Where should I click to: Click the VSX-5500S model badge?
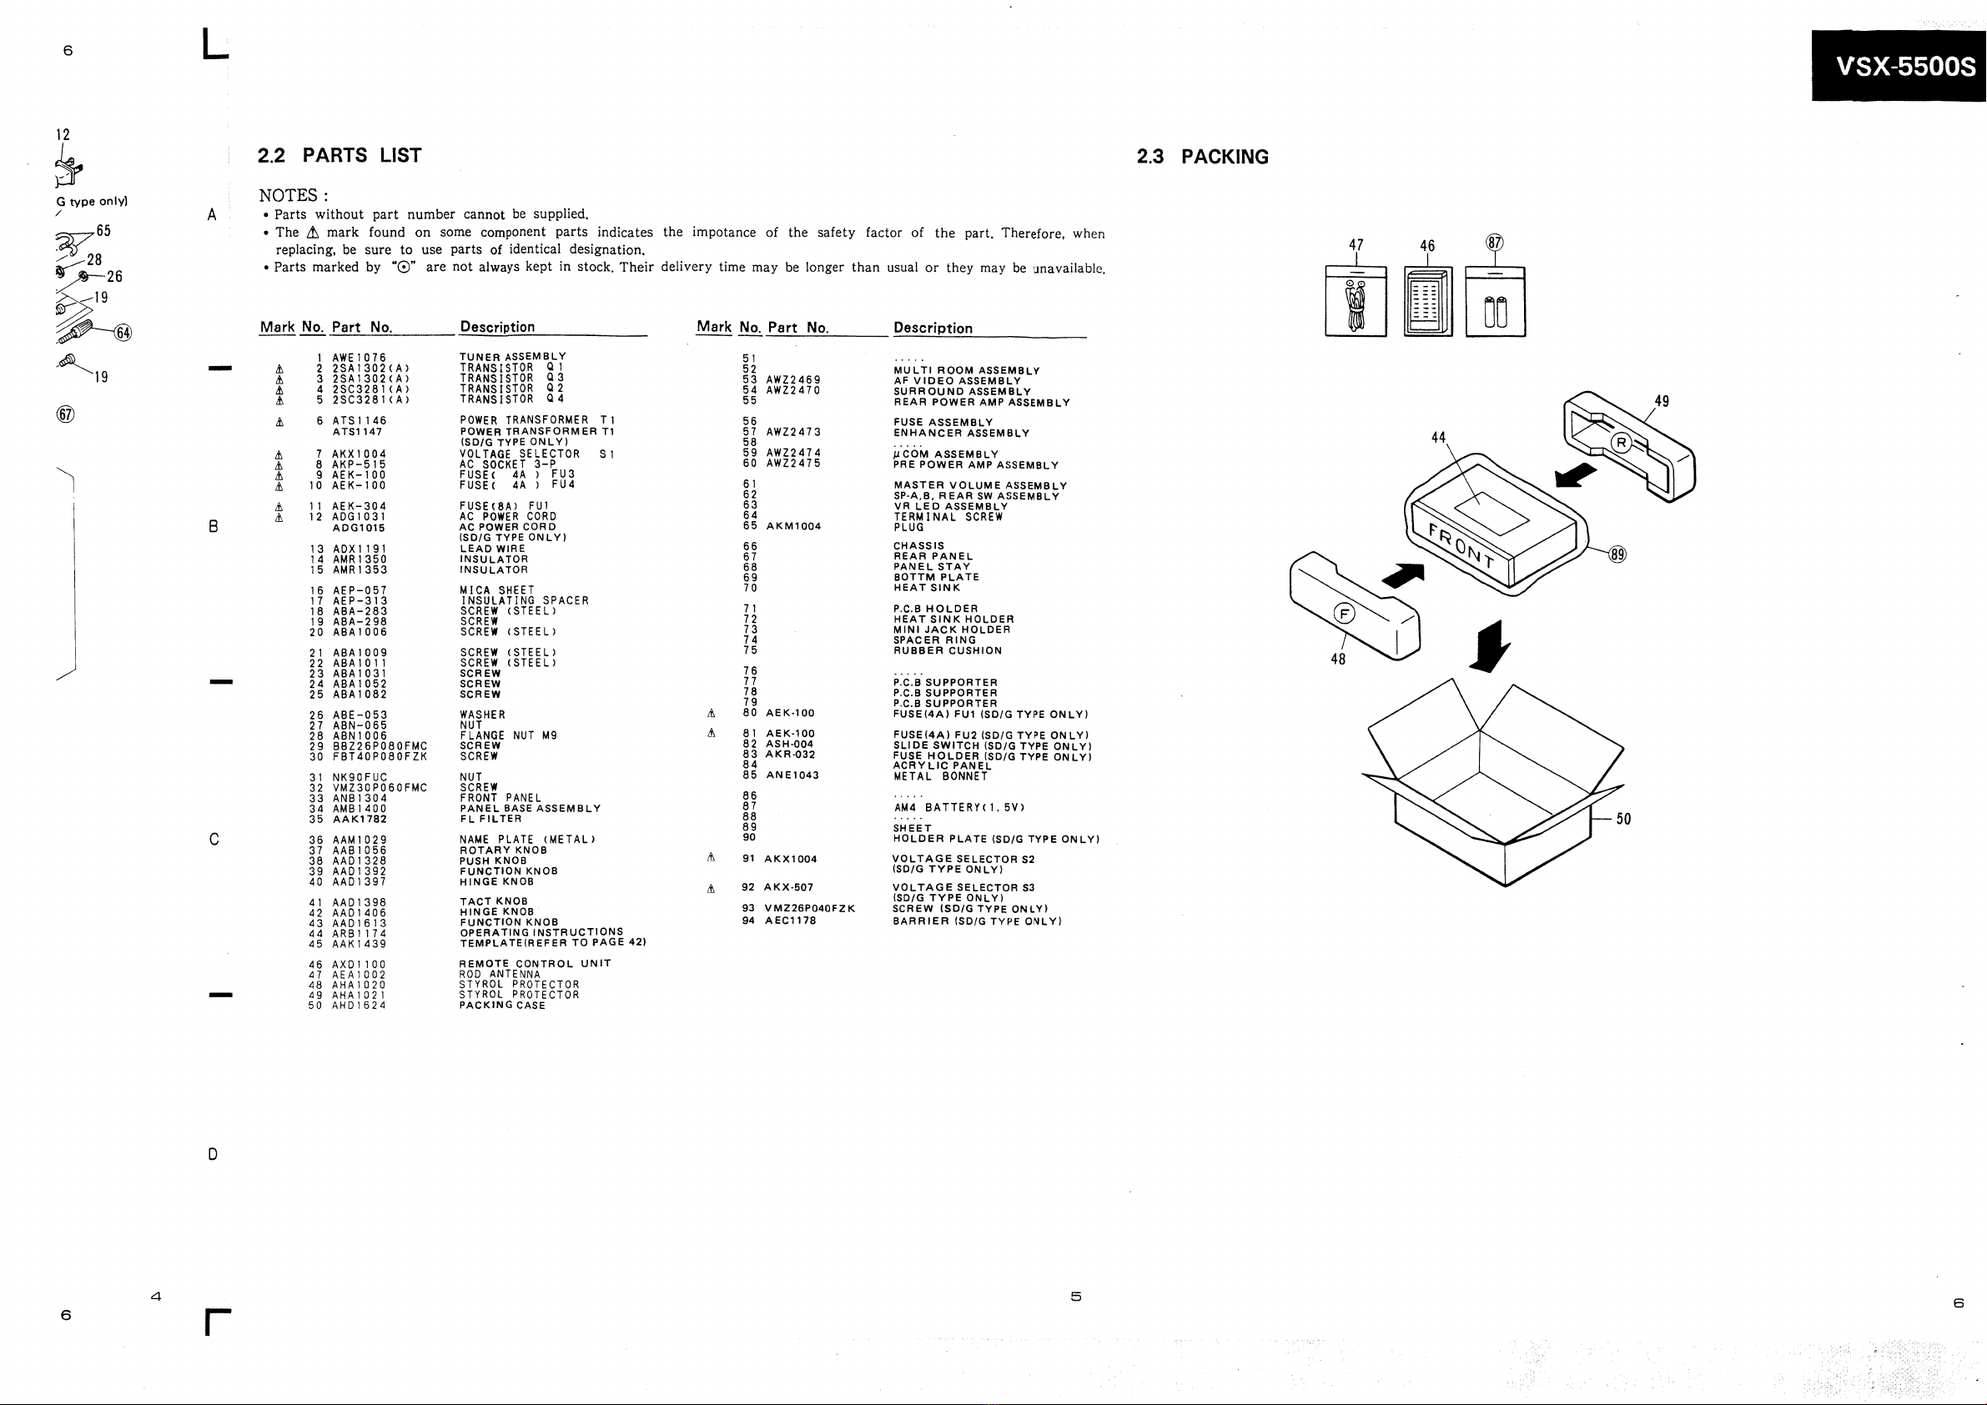tap(1899, 66)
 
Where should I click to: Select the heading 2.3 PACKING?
tap(1202, 157)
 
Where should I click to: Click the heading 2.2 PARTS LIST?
tap(340, 155)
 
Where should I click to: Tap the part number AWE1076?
tap(360, 358)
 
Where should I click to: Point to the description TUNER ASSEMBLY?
tap(512, 356)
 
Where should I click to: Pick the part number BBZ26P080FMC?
tap(380, 745)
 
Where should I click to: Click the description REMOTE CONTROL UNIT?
tap(535, 964)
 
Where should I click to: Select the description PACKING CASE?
tap(502, 1006)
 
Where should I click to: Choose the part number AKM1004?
tap(793, 526)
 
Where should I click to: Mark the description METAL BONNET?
tap(941, 776)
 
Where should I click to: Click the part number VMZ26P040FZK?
tap(810, 908)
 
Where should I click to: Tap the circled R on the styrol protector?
tap(1621, 444)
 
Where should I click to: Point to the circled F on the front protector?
tap(1344, 614)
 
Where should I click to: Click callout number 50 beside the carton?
tap(1623, 819)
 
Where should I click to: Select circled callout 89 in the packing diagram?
tap(1617, 554)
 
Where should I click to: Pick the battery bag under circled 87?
tap(1496, 302)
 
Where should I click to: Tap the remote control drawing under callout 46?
tap(1428, 302)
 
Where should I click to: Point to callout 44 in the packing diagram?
tap(1438, 438)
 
